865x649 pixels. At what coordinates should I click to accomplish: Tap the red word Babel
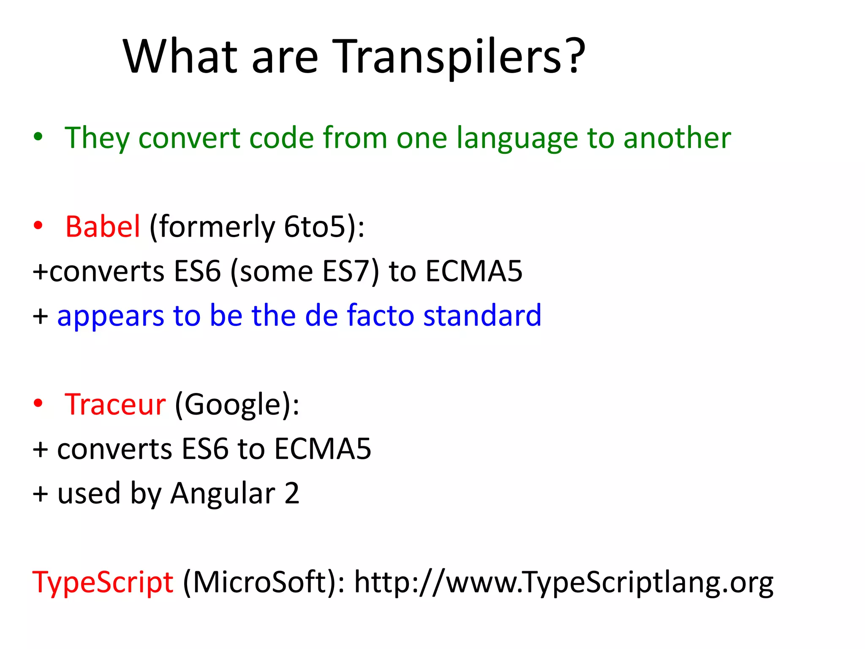tap(103, 227)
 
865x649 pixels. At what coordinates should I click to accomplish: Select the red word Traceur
tap(115, 405)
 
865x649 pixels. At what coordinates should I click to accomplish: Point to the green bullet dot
tap(38, 136)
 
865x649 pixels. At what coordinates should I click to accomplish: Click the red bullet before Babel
tap(38, 226)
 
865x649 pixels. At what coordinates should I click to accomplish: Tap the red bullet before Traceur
tap(38, 404)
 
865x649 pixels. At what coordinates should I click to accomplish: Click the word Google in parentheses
tap(232, 405)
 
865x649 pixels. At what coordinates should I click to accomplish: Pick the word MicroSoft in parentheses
tap(260, 582)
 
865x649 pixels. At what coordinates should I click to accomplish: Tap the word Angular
tap(223, 494)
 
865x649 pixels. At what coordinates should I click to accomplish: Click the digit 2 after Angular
tap(292, 493)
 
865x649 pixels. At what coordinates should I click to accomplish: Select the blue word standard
tap(482, 316)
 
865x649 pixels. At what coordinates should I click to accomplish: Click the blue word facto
tap(380, 316)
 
